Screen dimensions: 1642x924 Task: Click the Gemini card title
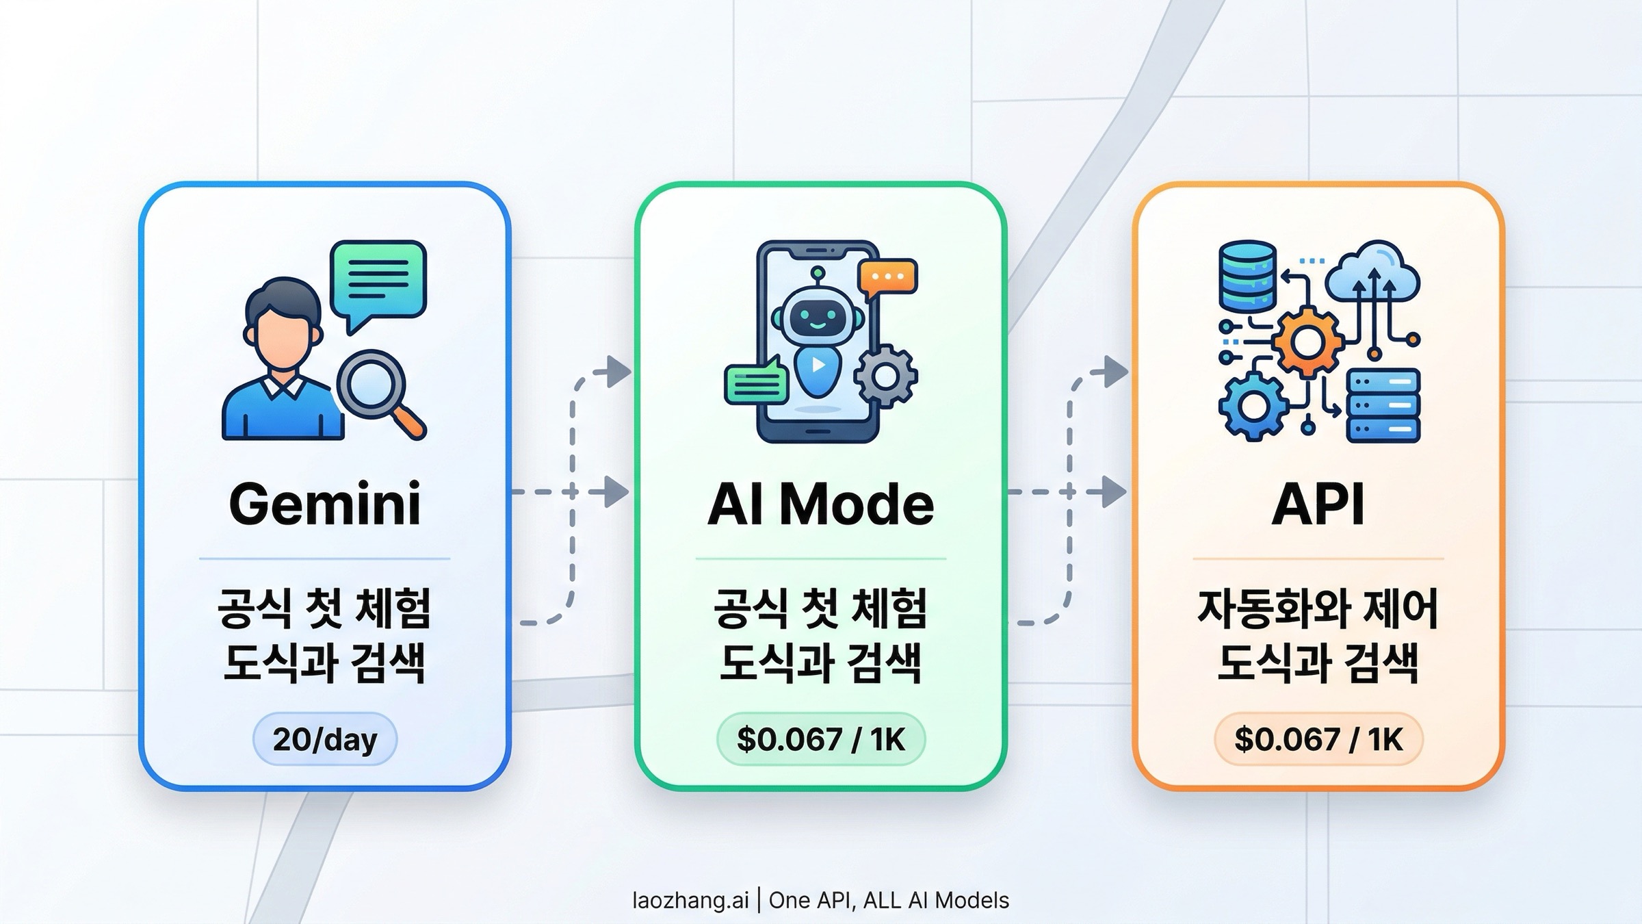324,504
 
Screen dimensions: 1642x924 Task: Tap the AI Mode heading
820,504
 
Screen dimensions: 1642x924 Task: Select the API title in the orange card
1318,504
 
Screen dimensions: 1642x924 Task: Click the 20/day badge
324,739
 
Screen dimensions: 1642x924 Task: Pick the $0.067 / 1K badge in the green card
820,739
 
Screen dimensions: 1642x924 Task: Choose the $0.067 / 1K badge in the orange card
1318,739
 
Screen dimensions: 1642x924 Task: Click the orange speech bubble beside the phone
887,277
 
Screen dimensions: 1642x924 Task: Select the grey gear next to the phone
885,376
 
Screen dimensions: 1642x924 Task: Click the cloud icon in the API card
1372,274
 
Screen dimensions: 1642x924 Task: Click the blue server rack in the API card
1383,406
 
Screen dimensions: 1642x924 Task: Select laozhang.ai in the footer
690,900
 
